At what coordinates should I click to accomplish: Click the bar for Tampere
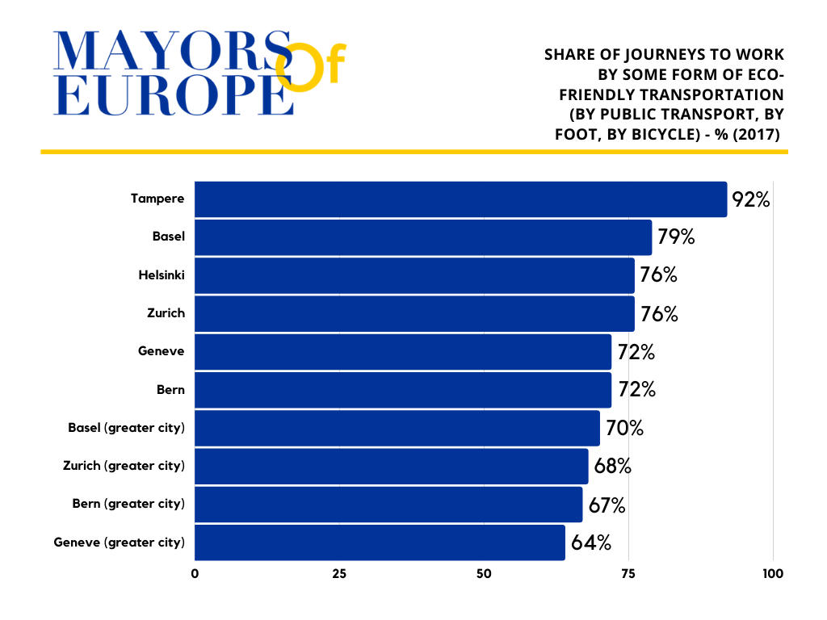[x=460, y=199]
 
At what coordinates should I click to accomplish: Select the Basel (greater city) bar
[x=397, y=428]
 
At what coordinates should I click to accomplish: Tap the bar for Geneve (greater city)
[x=380, y=542]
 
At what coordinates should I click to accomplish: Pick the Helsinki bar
[x=414, y=275]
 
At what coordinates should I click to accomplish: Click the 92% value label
[x=750, y=199]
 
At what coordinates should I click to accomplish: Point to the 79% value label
[x=675, y=237]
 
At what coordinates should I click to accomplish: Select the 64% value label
[x=590, y=542]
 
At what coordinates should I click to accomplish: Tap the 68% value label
[x=611, y=467]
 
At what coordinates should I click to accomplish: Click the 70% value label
[x=624, y=428]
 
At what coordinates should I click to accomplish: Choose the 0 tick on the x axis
[x=195, y=574]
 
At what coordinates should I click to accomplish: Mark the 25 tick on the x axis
[x=339, y=574]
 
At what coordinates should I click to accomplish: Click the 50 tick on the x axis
[x=484, y=574]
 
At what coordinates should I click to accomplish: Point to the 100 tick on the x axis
[x=773, y=574]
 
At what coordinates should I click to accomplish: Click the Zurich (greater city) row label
[x=124, y=466]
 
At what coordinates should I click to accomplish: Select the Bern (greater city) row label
[x=128, y=504]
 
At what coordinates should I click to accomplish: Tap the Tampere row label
[x=157, y=199]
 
